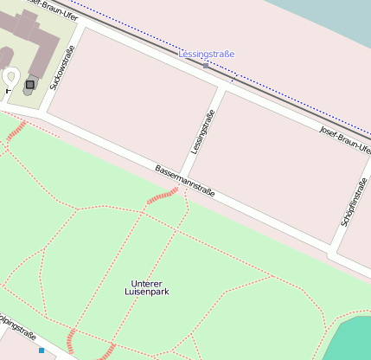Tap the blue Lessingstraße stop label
(206, 55)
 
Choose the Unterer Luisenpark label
(145, 287)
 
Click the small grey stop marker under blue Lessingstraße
(206, 65)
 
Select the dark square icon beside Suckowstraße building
(30, 84)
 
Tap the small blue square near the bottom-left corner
(41, 350)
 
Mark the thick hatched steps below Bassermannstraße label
(162, 199)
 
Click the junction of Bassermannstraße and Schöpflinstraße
(331, 251)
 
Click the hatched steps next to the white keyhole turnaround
(16, 131)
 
